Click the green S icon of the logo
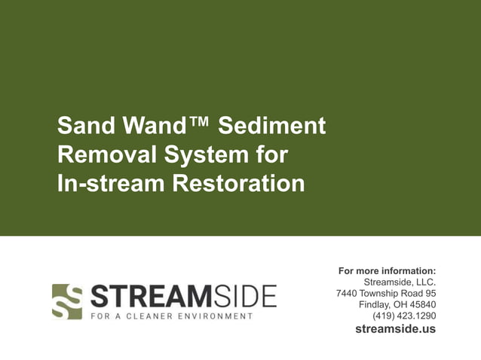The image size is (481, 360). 66,301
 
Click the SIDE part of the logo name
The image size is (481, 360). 246,296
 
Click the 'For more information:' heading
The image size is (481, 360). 387,270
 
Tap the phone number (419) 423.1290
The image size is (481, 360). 404,316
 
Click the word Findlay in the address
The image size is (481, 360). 375,304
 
